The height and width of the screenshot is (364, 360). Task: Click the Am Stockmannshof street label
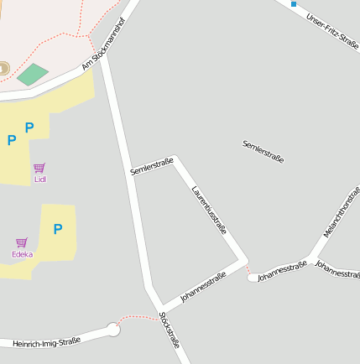[x=108, y=48]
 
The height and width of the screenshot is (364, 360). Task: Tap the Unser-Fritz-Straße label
[x=332, y=32]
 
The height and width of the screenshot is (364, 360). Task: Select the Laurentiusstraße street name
[x=210, y=210]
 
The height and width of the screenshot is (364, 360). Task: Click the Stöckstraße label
[x=170, y=330]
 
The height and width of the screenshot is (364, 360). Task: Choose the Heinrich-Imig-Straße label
[x=46, y=342]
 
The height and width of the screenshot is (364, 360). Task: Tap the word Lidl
[x=39, y=179]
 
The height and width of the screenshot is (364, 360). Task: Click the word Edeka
[x=22, y=253]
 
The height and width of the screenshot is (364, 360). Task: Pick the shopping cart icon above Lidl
[x=39, y=168]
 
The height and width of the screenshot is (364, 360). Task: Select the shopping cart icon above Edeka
[x=22, y=242]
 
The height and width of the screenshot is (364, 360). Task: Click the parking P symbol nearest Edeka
[x=58, y=229]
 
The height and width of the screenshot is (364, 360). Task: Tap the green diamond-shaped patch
[x=33, y=74]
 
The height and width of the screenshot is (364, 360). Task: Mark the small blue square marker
[x=294, y=4]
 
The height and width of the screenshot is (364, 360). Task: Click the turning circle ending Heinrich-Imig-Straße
[x=113, y=330]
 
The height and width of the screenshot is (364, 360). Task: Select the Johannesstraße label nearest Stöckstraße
[x=203, y=287]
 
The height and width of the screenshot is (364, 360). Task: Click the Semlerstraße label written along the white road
[x=152, y=166]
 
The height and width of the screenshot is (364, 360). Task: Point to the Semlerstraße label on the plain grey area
[x=263, y=152]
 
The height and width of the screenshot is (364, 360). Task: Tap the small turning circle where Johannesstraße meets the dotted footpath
[x=253, y=277]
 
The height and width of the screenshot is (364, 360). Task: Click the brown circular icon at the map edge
[x=3, y=68]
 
